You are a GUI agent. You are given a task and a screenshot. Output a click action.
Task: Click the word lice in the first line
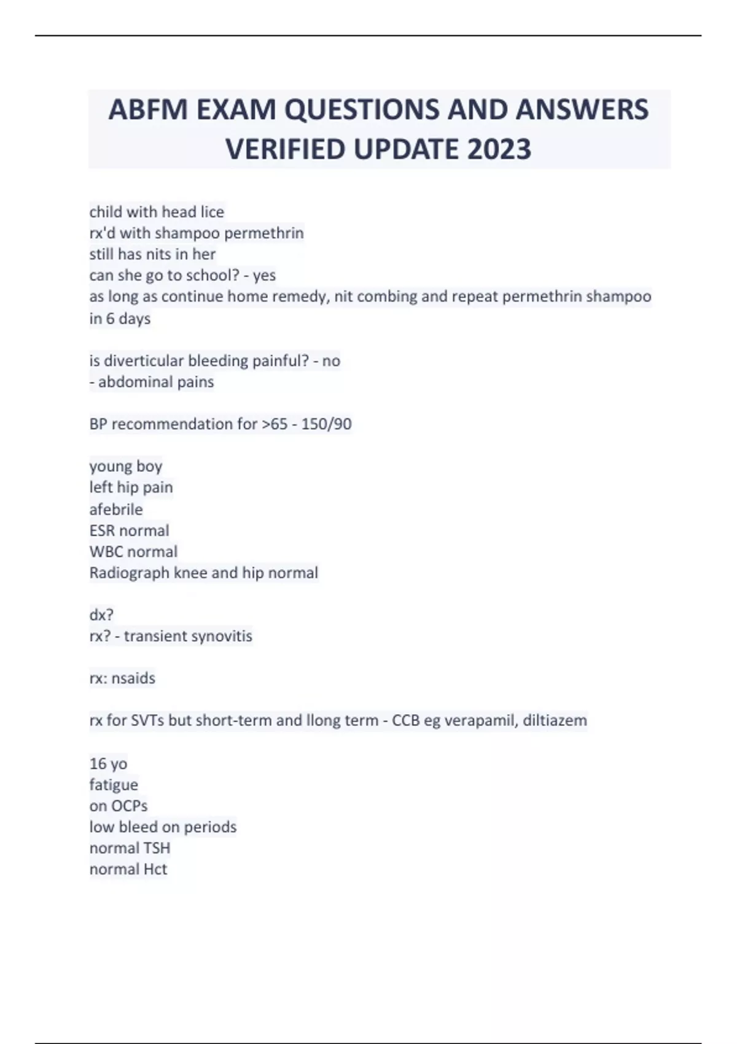pyautogui.click(x=211, y=212)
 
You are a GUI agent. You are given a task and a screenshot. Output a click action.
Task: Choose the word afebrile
pyautogui.click(x=116, y=509)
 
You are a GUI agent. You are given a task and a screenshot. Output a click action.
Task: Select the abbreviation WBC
pyautogui.click(x=106, y=551)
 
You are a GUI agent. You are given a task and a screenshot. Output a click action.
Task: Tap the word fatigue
pyautogui.click(x=114, y=785)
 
